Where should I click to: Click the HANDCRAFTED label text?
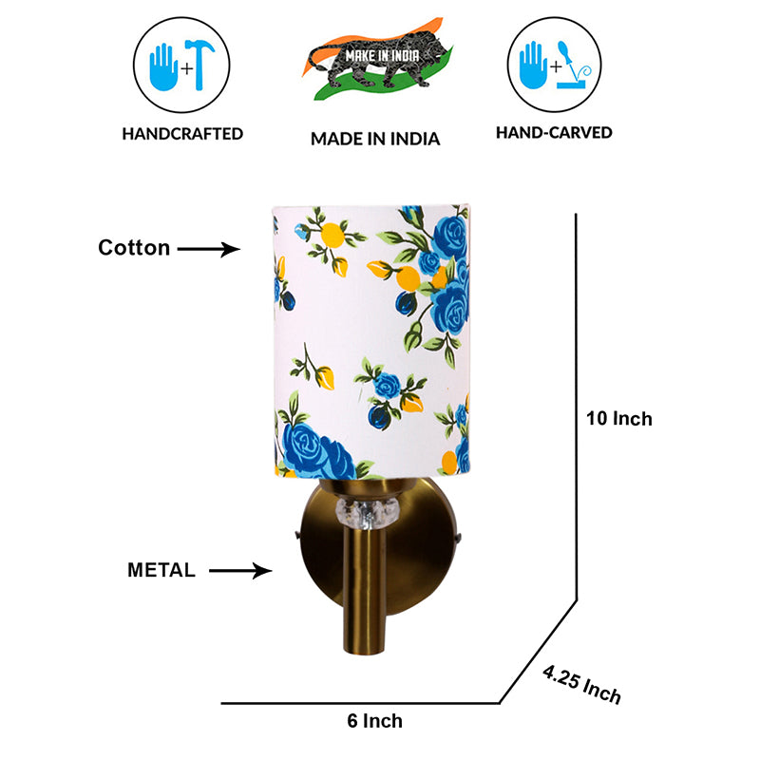[x=182, y=134]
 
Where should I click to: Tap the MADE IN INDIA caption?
[x=375, y=139]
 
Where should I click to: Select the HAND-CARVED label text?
[x=554, y=132]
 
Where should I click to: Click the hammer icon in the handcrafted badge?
[x=199, y=65]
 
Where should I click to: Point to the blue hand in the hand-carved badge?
[x=533, y=66]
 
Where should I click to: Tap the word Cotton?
[x=134, y=248]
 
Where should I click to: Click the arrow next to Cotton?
[x=209, y=249]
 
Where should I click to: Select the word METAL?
[x=161, y=570]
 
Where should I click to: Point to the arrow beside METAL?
[x=240, y=571]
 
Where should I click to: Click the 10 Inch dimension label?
[x=619, y=419]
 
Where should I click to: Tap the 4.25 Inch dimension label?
[x=581, y=684]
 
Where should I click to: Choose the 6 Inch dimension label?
[x=374, y=721]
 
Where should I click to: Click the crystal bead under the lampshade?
[x=368, y=513]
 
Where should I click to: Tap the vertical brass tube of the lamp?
[x=364, y=590]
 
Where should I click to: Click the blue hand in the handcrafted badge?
[x=163, y=67]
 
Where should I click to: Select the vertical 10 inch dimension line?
[x=577, y=408]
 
